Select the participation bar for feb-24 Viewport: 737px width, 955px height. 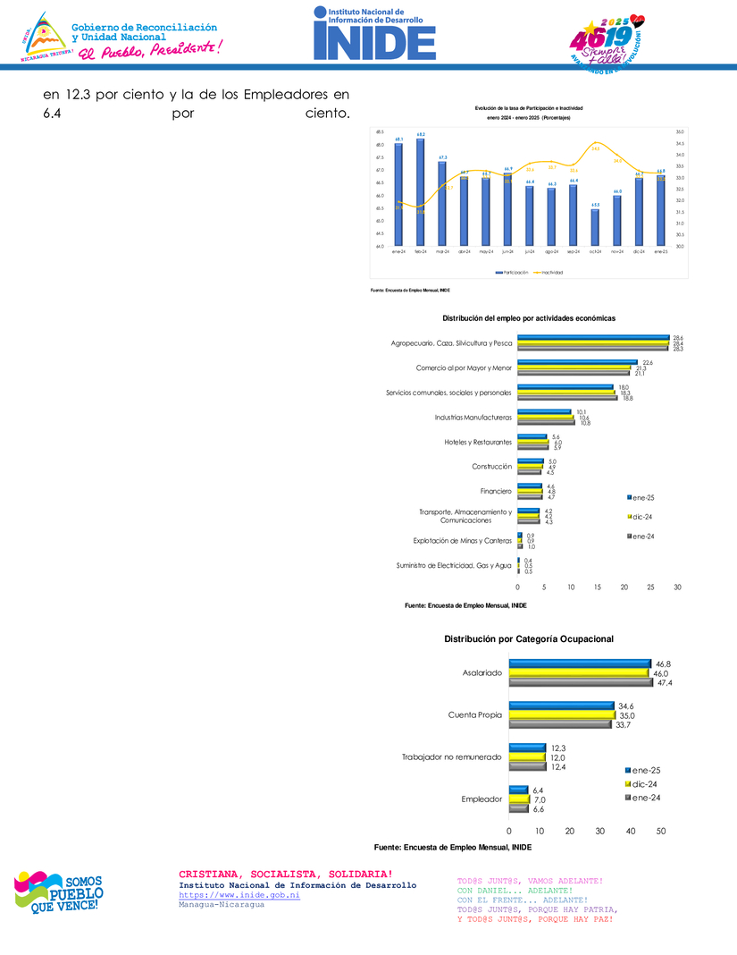(420, 192)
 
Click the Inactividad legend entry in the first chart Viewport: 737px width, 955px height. (549, 272)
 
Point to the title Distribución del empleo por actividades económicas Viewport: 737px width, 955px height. (529, 318)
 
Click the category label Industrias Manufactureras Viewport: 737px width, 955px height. (473, 417)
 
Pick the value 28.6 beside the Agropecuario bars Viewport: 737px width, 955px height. (678, 337)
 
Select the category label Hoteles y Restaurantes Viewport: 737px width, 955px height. (478, 442)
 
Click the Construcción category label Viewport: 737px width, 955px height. (491, 466)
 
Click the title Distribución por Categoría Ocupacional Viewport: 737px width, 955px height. (529, 638)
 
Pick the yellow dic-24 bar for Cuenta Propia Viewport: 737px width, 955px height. (562, 715)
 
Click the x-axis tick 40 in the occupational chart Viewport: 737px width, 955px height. (631, 831)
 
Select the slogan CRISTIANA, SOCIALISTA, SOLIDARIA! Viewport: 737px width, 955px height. (285, 874)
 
